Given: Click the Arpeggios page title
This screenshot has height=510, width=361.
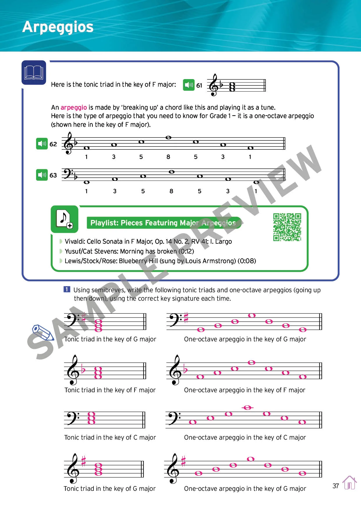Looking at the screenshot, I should click(58, 27).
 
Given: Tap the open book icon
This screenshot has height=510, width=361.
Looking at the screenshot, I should click(34, 72).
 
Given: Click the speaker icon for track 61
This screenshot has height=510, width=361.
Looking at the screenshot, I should click(189, 85).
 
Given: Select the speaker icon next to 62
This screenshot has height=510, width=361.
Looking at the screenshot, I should click(42, 144).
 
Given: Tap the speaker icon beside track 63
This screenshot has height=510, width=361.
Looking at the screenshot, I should click(42, 175).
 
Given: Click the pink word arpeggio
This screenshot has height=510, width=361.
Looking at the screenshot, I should click(74, 107).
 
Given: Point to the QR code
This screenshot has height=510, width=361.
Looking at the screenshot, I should click(287, 227).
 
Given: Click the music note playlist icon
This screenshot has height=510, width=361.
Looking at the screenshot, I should click(64, 219).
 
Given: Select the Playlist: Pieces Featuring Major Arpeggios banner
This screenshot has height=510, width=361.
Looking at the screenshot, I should click(164, 223).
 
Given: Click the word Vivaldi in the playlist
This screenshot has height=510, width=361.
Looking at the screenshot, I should click(75, 241).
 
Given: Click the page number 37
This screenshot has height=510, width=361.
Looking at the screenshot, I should click(336, 486).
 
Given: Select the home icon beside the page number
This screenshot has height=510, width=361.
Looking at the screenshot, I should click(349, 483).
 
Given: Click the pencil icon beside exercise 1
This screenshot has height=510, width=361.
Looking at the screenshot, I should click(43, 332).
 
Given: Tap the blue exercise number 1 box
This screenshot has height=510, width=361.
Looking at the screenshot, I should click(67, 289).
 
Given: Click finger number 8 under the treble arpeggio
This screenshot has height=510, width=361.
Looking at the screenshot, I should click(168, 157).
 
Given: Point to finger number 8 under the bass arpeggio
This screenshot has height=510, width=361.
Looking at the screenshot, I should click(171, 191).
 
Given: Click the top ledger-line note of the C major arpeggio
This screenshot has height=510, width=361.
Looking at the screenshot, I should click(247, 408).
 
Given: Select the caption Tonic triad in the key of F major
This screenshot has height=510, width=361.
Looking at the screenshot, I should click(110, 390).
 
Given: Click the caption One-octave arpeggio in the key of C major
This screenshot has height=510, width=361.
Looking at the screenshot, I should click(245, 437).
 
